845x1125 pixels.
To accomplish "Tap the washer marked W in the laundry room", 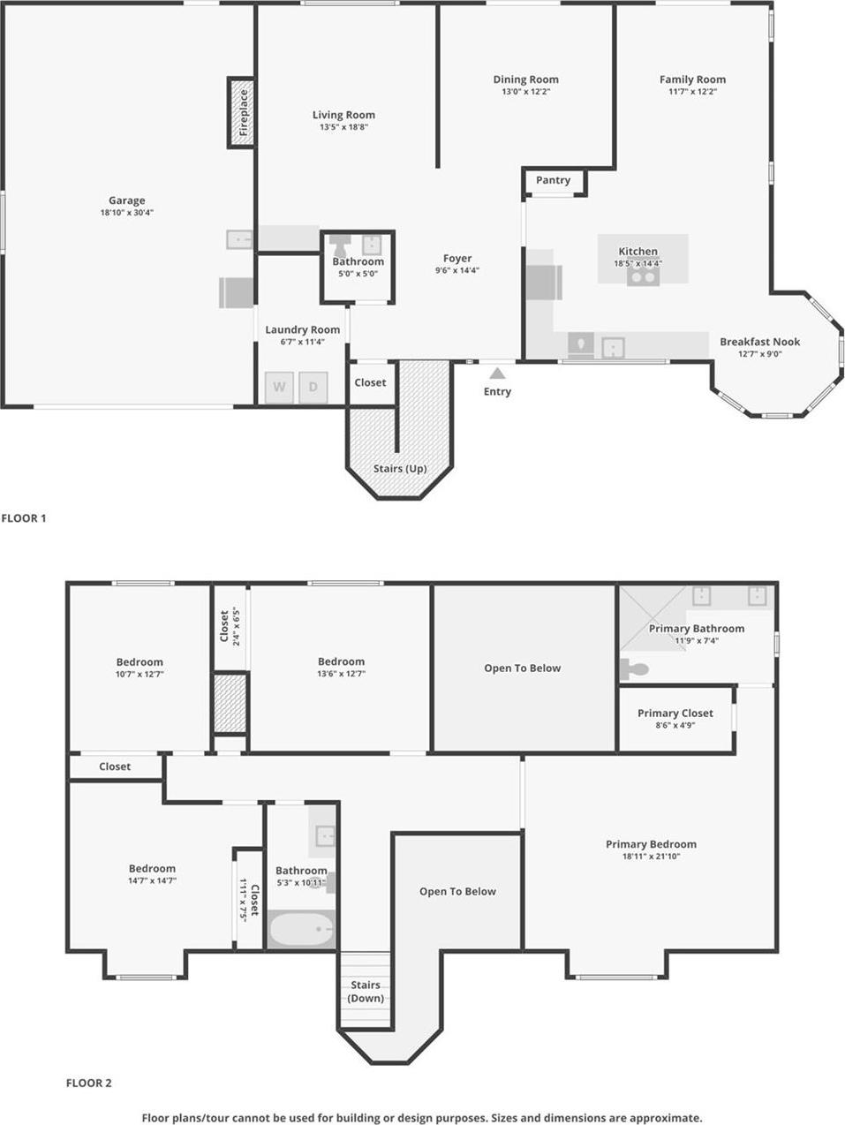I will tap(279, 387).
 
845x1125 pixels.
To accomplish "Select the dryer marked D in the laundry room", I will tap(313, 387).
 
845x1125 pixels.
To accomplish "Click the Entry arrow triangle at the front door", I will tap(497, 374).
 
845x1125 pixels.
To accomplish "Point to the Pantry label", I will tap(553, 180).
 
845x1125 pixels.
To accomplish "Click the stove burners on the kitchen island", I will tap(642, 276).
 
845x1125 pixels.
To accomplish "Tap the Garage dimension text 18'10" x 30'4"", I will tap(127, 213).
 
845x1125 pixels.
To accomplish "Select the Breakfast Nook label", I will tap(759, 342).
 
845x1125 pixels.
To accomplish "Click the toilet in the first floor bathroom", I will tap(339, 245).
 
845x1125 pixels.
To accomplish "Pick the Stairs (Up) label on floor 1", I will tap(400, 469).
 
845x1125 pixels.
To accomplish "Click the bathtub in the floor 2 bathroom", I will tap(301, 929).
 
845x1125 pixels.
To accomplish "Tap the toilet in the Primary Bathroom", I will tap(634, 669).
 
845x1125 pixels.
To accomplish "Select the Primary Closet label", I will tap(675, 714).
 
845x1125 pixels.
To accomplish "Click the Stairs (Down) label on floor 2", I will tap(366, 992).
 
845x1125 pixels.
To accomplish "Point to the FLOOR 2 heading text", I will tap(89, 1083).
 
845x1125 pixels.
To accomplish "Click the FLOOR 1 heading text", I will tap(24, 518).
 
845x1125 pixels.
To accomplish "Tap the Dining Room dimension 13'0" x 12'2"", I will tap(525, 92).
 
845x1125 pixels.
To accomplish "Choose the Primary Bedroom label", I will tap(651, 844).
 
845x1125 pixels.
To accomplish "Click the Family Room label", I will tap(692, 79).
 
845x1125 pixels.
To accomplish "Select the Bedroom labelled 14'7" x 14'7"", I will tap(152, 869).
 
